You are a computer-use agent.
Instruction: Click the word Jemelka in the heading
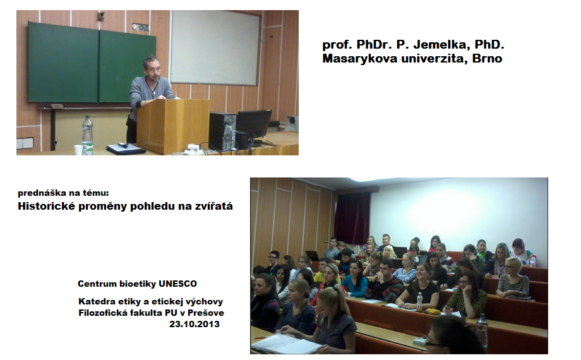pos(440,45)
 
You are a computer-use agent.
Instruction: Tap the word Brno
pos(488,58)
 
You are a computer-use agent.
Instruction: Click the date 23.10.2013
pos(195,324)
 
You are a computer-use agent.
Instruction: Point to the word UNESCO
pos(178,284)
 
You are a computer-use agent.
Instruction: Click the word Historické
pos(47,206)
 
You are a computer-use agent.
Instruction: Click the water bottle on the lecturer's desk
pos(87,135)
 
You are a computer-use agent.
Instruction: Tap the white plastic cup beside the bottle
pos(78,150)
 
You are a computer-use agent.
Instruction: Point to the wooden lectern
pos(172,126)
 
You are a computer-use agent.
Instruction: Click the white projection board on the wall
pos(215,47)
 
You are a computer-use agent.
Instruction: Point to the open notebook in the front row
pos(284,342)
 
